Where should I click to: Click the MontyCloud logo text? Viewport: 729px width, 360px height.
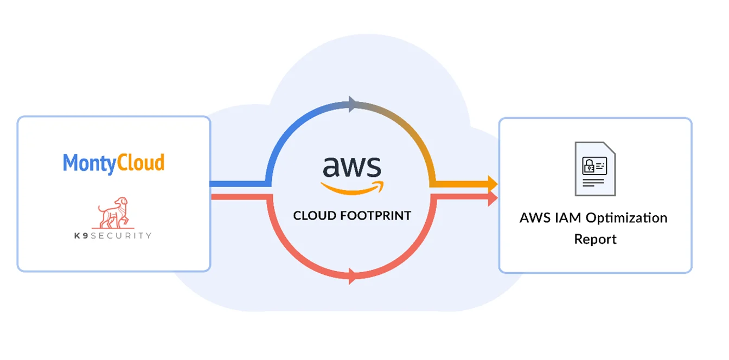pyautogui.click(x=113, y=163)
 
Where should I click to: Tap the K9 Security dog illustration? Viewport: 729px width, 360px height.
pyautogui.click(x=113, y=213)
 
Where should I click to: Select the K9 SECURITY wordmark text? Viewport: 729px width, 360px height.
pyautogui.click(x=114, y=236)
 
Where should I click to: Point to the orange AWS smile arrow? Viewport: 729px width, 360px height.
pyautogui.click(x=352, y=188)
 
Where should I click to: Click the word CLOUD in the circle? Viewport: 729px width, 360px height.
pyautogui.click(x=315, y=216)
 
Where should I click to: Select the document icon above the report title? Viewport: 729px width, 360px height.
pyautogui.click(x=595, y=169)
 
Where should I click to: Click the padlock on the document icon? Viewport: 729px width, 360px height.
pyautogui.click(x=588, y=165)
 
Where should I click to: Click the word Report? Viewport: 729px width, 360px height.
pyautogui.click(x=595, y=239)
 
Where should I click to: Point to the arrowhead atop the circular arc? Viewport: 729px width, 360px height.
pyautogui.click(x=353, y=104)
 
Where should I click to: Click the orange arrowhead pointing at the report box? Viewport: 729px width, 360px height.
pyautogui.click(x=492, y=184)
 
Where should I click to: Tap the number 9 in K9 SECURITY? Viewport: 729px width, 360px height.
pyautogui.click(x=86, y=236)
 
